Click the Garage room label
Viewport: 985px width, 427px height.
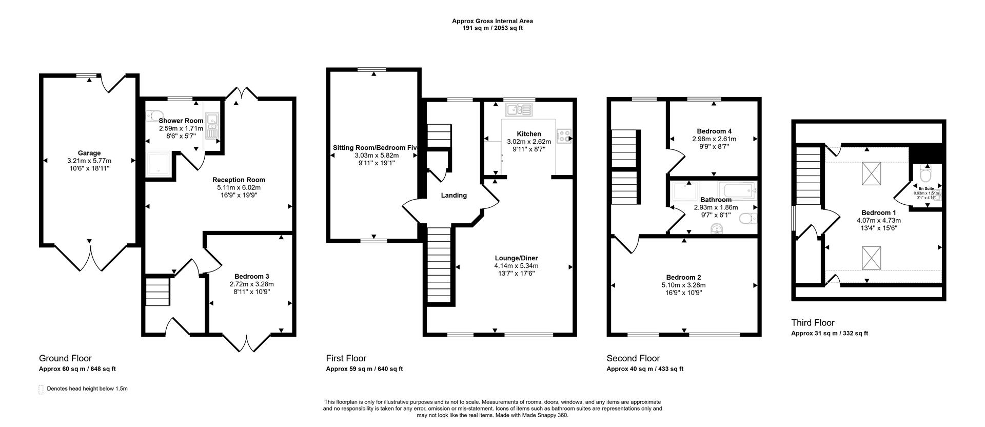pos(89,153)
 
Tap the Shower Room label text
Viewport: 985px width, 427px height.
pos(181,121)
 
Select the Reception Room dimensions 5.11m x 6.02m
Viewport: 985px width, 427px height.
pos(239,187)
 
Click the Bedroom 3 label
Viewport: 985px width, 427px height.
pos(251,276)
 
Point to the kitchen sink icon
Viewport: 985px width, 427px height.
pos(519,109)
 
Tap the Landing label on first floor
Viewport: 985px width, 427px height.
pos(454,195)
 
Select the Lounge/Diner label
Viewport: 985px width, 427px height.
pos(516,258)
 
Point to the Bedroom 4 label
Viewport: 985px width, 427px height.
pos(714,131)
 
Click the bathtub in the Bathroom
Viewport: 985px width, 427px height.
pos(737,190)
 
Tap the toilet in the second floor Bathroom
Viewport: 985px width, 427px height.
pos(748,219)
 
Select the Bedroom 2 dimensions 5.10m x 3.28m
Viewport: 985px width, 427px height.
pos(684,285)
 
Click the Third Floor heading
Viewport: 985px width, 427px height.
pos(813,323)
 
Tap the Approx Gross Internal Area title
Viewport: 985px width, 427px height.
pos(492,21)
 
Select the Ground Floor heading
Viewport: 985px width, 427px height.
pos(65,358)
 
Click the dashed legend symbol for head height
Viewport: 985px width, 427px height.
pos(41,390)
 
